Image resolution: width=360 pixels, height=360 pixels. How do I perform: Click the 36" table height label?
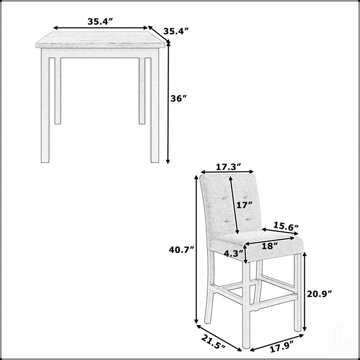(x=178, y=99)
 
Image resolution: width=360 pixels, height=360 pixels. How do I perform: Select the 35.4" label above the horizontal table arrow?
(x=100, y=22)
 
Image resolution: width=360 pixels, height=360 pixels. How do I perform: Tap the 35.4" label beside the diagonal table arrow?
(x=176, y=31)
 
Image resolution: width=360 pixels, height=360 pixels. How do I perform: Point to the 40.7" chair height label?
(x=182, y=250)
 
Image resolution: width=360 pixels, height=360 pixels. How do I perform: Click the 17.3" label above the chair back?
(x=229, y=167)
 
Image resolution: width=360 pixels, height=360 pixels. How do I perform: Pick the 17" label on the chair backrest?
(x=244, y=205)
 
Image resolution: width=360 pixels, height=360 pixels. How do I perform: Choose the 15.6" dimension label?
(x=286, y=227)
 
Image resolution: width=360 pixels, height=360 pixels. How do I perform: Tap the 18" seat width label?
(x=270, y=246)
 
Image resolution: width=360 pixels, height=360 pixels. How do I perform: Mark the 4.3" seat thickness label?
(x=234, y=254)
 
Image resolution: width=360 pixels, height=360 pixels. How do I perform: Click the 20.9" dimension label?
(x=320, y=294)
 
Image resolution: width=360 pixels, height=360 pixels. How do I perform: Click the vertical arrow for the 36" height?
(x=168, y=103)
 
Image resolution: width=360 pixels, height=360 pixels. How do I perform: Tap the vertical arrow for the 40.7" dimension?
(x=196, y=249)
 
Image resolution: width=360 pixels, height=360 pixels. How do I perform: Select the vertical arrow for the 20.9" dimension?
(x=305, y=292)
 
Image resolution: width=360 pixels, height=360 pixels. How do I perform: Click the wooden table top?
(x=100, y=40)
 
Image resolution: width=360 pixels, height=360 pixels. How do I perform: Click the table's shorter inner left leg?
(x=58, y=91)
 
